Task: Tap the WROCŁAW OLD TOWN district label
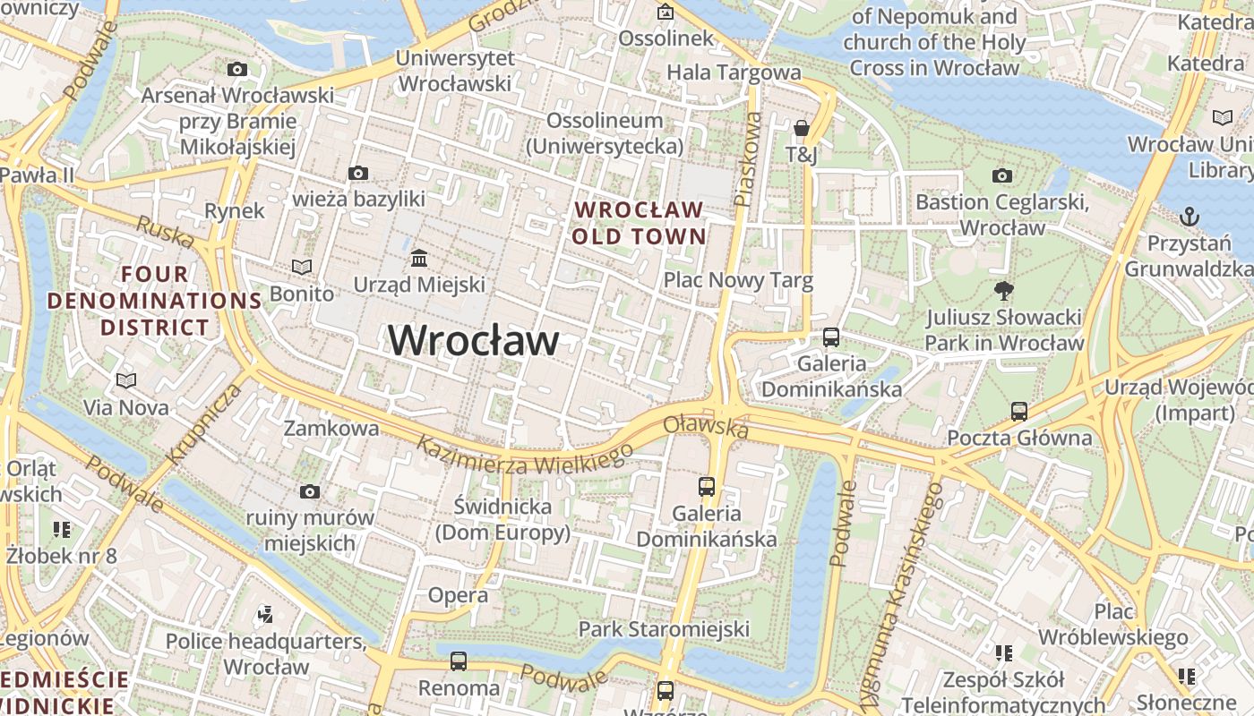click(640, 223)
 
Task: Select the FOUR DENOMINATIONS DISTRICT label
click(154, 301)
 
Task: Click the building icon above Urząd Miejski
click(418, 259)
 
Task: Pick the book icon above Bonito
click(302, 267)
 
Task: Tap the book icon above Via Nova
click(126, 381)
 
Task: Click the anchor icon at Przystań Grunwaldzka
click(1189, 216)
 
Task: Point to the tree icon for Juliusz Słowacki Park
click(1003, 290)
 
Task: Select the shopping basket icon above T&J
click(802, 129)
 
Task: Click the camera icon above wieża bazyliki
click(358, 173)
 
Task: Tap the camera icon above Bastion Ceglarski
click(1002, 175)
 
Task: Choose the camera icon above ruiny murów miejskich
click(310, 491)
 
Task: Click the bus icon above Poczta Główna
click(1019, 412)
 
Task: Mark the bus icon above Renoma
click(459, 661)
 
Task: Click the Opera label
click(458, 595)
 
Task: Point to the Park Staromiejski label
click(664, 629)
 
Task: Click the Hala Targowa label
click(734, 72)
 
